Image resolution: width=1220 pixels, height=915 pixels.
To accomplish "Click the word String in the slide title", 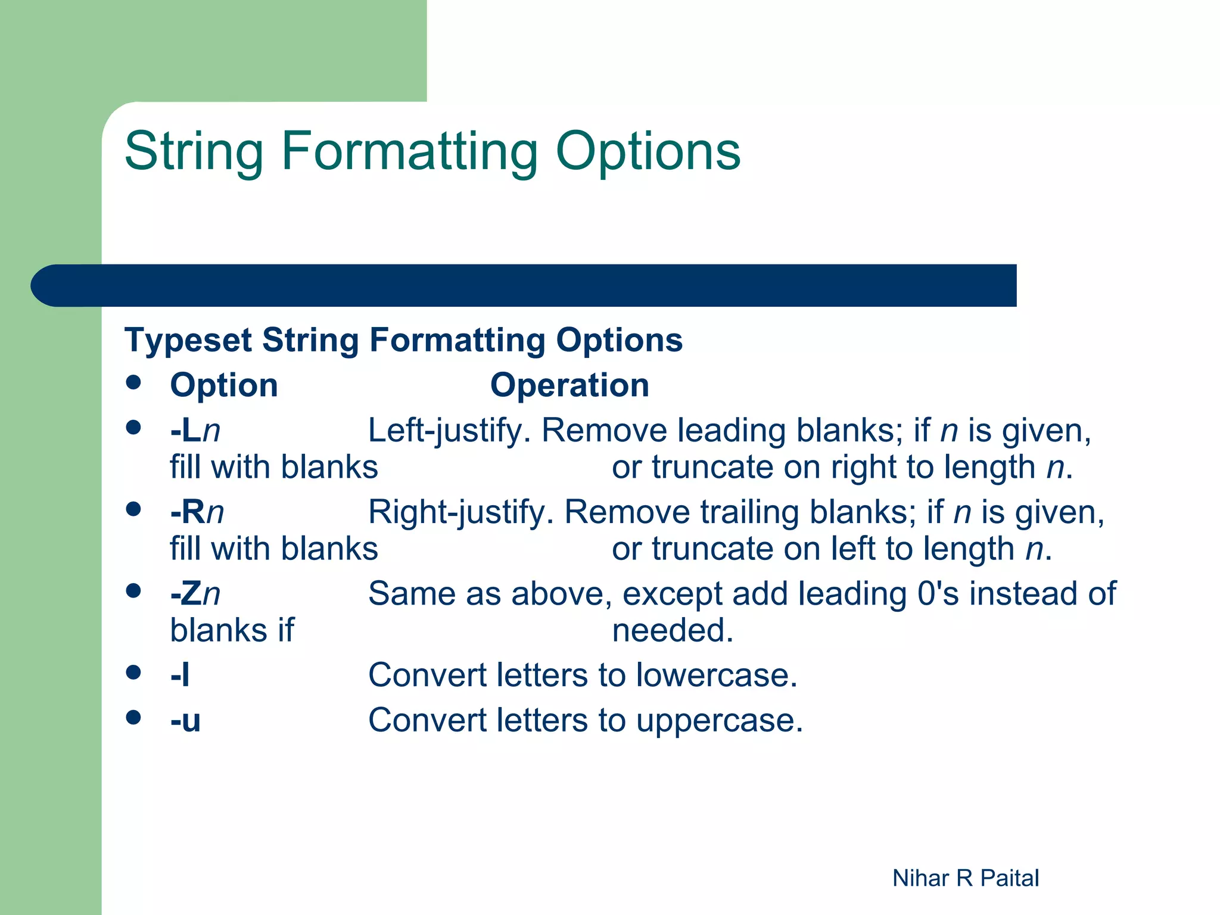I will (x=194, y=152).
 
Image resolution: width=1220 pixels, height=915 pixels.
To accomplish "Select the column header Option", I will (x=224, y=385).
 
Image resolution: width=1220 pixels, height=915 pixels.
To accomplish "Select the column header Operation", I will (x=569, y=385).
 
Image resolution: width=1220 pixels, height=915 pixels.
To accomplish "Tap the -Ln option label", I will (x=195, y=430).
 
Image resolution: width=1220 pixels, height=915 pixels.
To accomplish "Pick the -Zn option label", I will (x=195, y=594).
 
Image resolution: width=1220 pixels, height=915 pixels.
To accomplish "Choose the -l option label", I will (x=180, y=676).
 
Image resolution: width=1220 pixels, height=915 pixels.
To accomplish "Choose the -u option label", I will (x=185, y=721).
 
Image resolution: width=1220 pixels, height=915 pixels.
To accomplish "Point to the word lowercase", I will (x=716, y=676).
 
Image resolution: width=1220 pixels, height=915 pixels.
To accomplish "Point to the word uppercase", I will (x=719, y=721).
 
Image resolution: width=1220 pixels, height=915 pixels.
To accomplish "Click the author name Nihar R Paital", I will (x=966, y=878).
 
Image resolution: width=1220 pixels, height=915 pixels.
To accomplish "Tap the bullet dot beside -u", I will (x=133, y=717).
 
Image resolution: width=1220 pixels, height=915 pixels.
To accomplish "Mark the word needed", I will (x=673, y=630).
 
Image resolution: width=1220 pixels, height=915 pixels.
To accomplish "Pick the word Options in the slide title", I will (x=648, y=152).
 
